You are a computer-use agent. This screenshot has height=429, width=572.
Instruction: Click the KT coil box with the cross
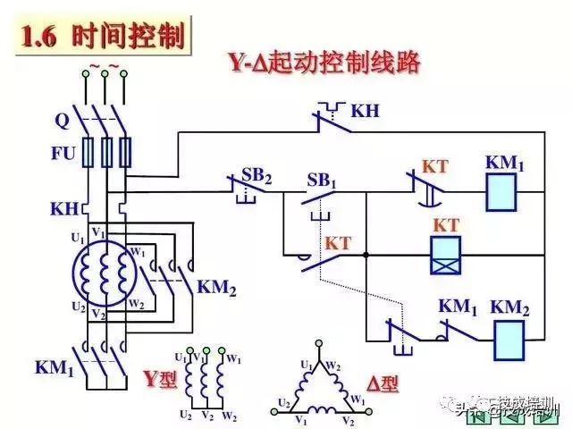445,255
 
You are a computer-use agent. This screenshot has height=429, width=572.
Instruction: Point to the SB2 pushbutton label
257,174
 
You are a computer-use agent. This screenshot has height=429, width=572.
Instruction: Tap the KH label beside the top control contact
366,112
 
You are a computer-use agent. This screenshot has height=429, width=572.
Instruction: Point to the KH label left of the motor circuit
63,208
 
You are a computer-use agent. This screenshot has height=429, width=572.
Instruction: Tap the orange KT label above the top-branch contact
434,166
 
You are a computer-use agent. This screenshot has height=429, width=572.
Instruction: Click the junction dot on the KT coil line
366,255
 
